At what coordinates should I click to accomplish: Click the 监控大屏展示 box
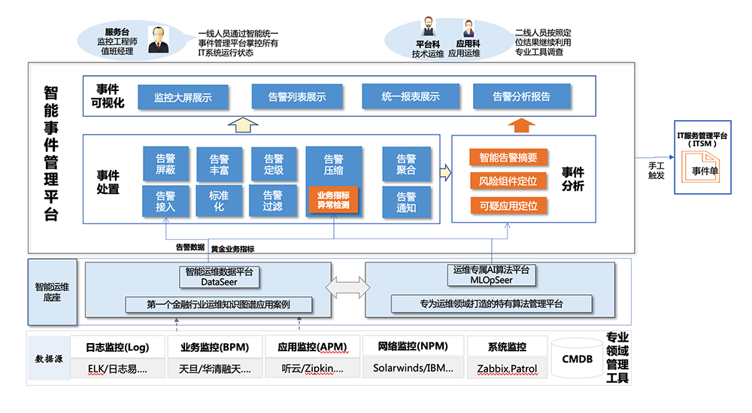183,97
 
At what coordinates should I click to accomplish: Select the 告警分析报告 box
521,96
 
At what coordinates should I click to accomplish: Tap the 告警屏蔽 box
165,164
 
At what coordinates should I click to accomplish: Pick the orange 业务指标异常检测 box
333,200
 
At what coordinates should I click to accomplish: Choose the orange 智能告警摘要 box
508,157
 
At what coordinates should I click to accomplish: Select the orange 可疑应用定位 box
508,205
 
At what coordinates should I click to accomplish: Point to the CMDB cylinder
578,359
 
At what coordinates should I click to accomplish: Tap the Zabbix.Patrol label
506,369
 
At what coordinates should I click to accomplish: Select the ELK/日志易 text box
117,369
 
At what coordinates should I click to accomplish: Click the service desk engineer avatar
158,40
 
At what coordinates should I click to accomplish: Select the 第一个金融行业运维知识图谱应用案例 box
208,305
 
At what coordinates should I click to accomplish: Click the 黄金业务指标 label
235,249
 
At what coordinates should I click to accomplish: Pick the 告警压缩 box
333,164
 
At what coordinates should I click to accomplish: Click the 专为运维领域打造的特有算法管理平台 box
491,304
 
